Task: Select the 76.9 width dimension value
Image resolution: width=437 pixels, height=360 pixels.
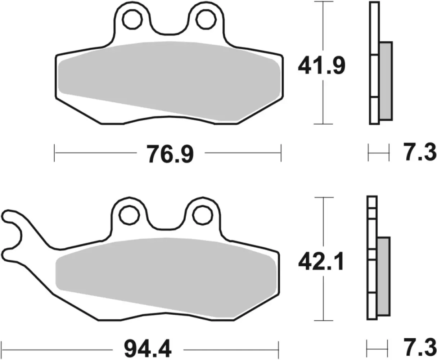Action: [170, 154]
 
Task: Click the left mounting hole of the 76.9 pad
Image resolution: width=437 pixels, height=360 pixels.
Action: [131, 19]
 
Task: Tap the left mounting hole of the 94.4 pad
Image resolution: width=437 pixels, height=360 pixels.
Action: [130, 215]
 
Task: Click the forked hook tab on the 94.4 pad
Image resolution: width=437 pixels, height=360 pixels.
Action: [14, 234]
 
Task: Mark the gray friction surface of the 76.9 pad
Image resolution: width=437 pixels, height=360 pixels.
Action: [169, 79]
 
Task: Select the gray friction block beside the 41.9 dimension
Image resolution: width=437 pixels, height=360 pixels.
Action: [386, 81]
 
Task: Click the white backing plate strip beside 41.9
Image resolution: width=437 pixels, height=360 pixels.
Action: [374, 63]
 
